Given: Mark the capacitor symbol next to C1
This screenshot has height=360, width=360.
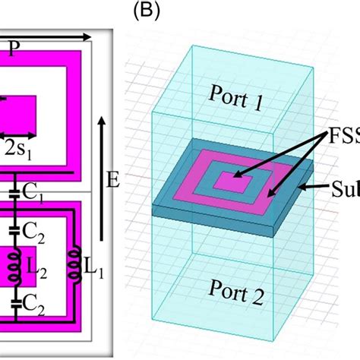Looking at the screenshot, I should coord(14,198).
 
